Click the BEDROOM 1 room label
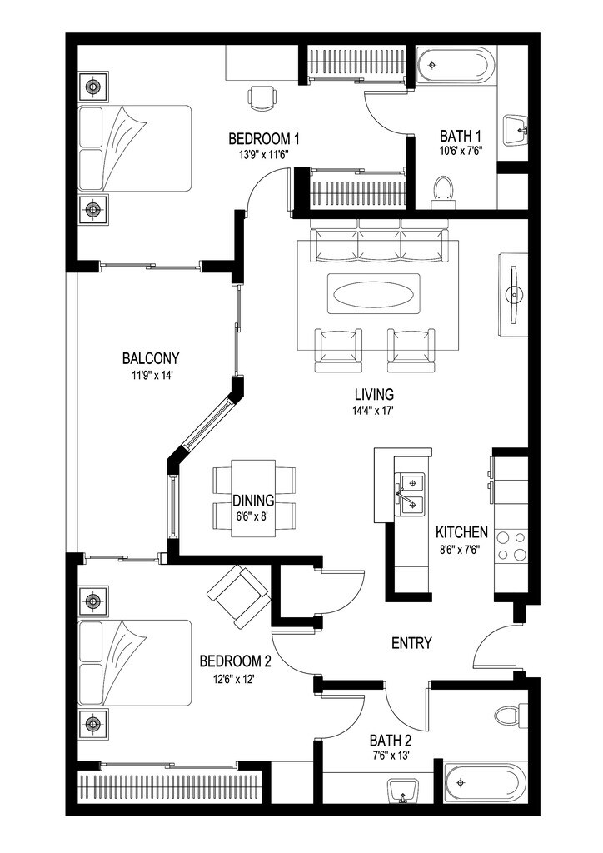point(263,138)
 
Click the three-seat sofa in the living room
point(380,245)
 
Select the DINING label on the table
point(253,501)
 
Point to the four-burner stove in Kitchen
point(511,546)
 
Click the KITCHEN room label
point(461,532)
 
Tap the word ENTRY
point(411,643)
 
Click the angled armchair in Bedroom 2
point(238,596)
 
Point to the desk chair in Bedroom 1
point(262,97)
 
